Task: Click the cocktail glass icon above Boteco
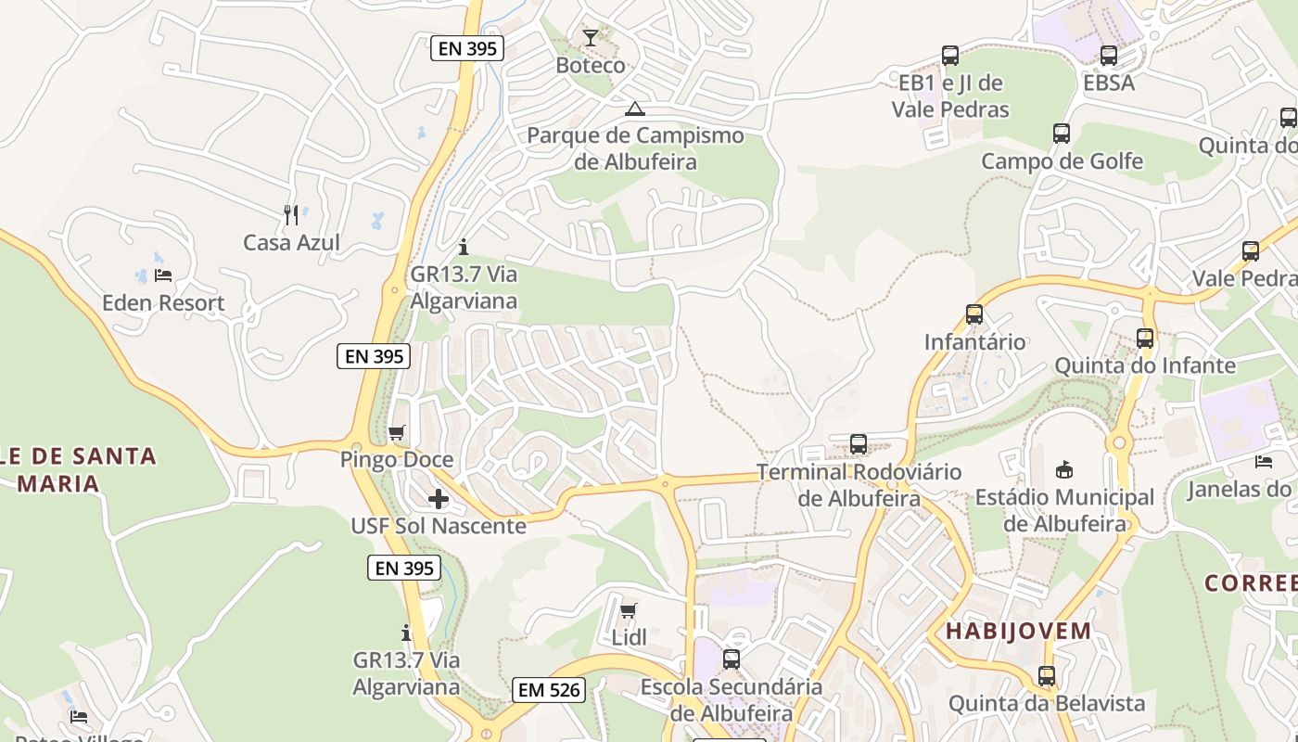[591, 38]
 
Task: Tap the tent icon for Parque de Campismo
[634, 109]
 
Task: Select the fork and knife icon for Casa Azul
[291, 215]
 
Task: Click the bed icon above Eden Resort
[163, 275]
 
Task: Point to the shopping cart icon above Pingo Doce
[397, 432]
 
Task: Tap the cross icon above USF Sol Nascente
[439, 499]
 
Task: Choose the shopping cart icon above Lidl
[629, 610]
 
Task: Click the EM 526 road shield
[549, 689]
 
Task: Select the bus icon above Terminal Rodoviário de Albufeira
[859, 444]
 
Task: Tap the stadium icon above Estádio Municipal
[1064, 469]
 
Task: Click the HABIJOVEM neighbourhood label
[1019, 632]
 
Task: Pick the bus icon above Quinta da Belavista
[1047, 676]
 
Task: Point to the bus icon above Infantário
[974, 314]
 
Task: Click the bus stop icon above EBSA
[1109, 56]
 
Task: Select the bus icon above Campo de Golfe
[1062, 134]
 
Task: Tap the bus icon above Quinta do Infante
[1145, 339]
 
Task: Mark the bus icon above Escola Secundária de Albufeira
[732, 659]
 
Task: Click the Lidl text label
[630, 638]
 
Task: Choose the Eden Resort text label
[163, 302]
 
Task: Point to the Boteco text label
[591, 66]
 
